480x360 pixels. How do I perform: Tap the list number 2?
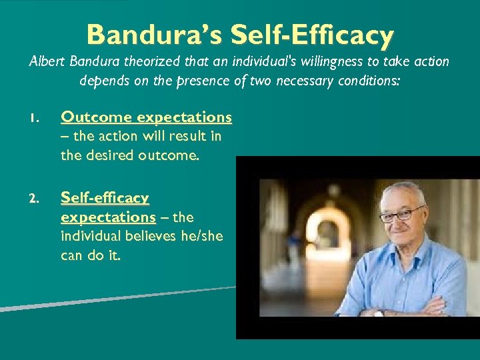[x=36, y=199]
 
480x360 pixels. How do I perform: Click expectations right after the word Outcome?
[x=185, y=117]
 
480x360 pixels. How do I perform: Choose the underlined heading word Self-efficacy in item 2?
[x=105, y=198]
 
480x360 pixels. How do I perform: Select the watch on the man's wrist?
[x=379, y=312]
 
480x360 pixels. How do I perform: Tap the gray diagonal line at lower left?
[x=100, y=299]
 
